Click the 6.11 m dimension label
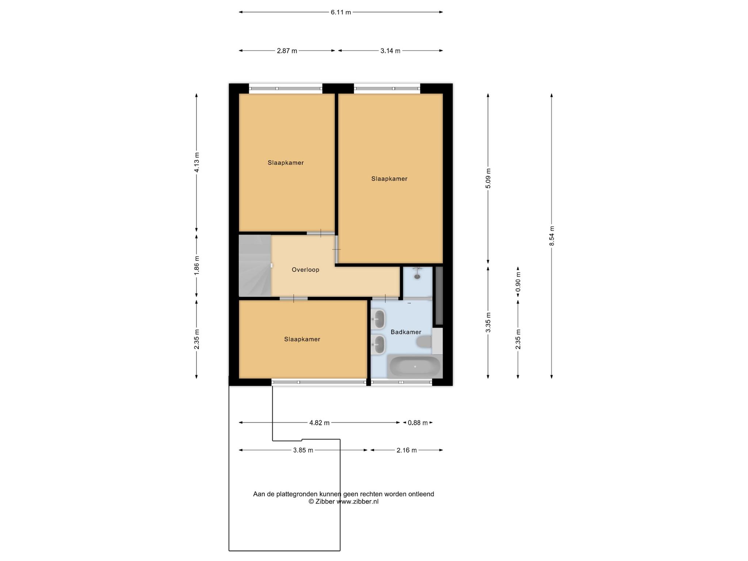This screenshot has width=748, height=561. coord(341,12)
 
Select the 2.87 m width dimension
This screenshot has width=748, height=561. coord(287,51)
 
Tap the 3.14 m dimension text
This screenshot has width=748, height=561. coord(390,51)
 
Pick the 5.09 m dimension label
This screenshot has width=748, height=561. coord(488,178)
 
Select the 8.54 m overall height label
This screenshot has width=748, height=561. coord(552,236)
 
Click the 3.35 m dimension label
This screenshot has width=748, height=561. coord(488,323)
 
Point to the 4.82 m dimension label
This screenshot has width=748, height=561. coord(319,423)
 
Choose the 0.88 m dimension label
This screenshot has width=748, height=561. coord(417,423)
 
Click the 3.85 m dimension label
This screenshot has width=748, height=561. coord(303,450)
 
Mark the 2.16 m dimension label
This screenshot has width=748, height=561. coord(407,450)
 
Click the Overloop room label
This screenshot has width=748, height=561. coord(305,270)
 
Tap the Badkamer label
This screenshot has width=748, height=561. coord(406,332)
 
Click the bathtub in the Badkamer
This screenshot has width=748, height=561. coord(415,366)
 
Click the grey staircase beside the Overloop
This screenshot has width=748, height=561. coord(255,266)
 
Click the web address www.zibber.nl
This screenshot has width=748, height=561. coord(357,501)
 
